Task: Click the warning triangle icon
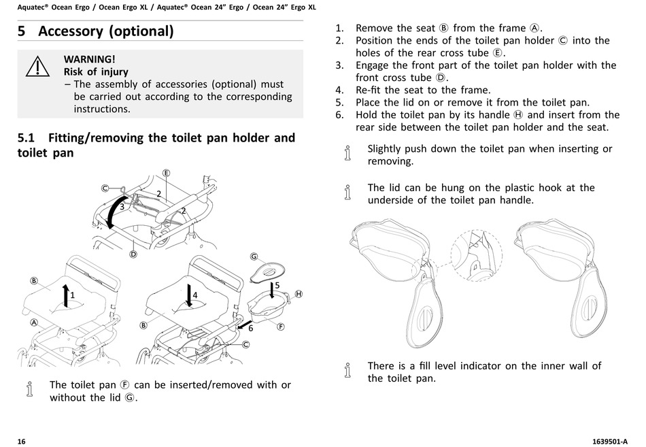point(38,67)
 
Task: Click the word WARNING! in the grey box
point(89,59)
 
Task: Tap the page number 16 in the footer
point(21,441)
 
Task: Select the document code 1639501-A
point(607,441)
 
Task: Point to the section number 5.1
point(27,138)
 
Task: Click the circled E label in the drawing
point(166,173)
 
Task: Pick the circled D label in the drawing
point(133,254)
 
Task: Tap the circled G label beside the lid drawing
point(254,256)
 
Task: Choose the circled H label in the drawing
point(298,294)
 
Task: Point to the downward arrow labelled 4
point(188,297)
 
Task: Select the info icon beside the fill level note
point(348,371)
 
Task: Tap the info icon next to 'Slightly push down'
point(348,154)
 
